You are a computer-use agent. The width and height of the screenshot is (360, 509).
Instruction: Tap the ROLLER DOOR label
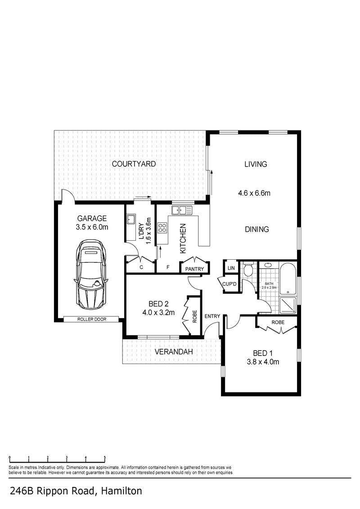pyautogui.click(x=92, y=319)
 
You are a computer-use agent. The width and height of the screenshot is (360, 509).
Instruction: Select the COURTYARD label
pyautogui.click(x=134, y=164)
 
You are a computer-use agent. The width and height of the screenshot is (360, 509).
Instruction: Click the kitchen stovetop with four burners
pyautogui.click(x=162, y=228)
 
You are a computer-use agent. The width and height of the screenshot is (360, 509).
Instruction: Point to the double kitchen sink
pyautogui.click(x=182, y=210)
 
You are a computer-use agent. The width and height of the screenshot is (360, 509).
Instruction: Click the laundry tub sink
pyautogui.click(x=131, y=220)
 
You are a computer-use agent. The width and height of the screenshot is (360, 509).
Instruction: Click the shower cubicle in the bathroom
pyautogui.click(x=288, y=306)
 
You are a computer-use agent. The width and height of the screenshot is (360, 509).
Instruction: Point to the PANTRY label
pyautogui.click(x=194, y=269)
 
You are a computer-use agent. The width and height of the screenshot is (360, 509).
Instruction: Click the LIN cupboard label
pyautogui.click(x=231, y=268)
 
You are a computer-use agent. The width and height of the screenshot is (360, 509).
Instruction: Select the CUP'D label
pyautogui.click(x=229, y=284)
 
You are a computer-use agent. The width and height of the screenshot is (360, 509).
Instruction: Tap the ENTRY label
pyautogui.click(x=212, y=316)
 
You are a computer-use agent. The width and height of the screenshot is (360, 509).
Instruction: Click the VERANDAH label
pyautogui.click(x=174, y=351)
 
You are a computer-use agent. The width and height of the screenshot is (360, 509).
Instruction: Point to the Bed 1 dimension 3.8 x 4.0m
pyautogui.click(x=263, y=362)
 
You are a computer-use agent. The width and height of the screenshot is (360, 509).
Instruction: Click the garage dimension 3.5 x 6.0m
pyautogui.click(x=92, y=227)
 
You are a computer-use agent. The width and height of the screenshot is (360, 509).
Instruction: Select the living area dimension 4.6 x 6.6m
pyautogui.click(x=254, y=193)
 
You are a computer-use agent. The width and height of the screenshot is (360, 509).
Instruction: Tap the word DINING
pyautogui.click(x=257, y=229)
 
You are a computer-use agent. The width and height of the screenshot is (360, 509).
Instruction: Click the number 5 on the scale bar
pyautogui.click(x=105, y=458)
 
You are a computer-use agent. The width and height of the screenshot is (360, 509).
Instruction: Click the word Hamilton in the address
pyautogui.click(x=121, y=491)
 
